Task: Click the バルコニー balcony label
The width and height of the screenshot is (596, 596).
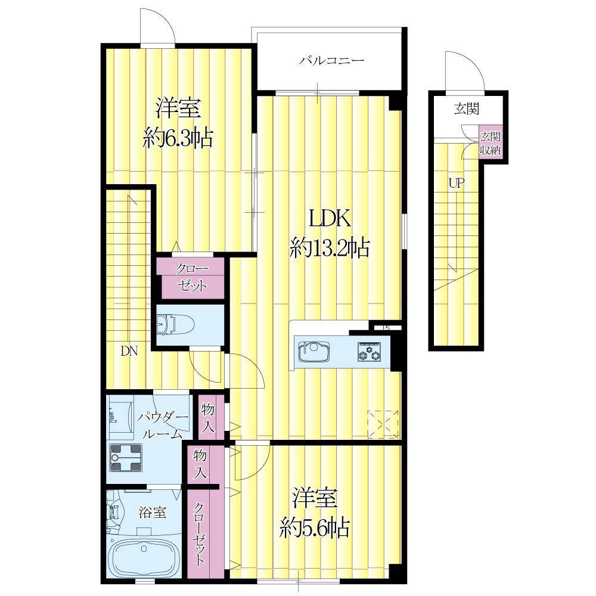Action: [331, 60]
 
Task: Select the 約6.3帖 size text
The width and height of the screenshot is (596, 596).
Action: [178, 138]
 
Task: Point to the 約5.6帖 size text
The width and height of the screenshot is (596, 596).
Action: [315, 528]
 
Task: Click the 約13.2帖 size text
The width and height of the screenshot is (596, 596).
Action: [330, 249]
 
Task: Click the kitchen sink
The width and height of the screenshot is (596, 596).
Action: [314, 352]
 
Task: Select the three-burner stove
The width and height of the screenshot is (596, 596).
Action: [368, 351]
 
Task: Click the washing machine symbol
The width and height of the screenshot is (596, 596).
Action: [125, 458]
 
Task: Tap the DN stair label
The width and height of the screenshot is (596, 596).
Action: [129, 352]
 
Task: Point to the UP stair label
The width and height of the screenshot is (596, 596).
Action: [456, 184]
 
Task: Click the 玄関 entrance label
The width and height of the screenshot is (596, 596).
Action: [467, 109]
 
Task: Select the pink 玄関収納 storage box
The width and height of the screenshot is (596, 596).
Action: [491, 143]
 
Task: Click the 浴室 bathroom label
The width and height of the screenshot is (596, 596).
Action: [152, 513]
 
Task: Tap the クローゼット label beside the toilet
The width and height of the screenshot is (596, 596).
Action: [191, 278]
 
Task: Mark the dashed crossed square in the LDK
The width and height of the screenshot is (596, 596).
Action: [383, 424]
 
